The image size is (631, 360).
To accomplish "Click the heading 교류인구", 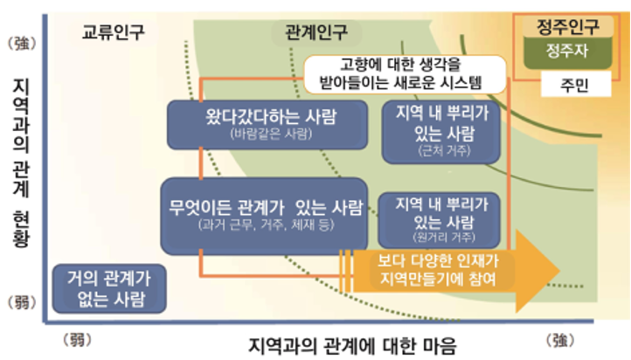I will [114, 32].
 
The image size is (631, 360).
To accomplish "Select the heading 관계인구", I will [316, 32].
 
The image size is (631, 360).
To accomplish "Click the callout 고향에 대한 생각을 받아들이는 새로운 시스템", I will [403, 74].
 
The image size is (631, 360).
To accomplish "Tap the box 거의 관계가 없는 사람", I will [109, 287].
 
